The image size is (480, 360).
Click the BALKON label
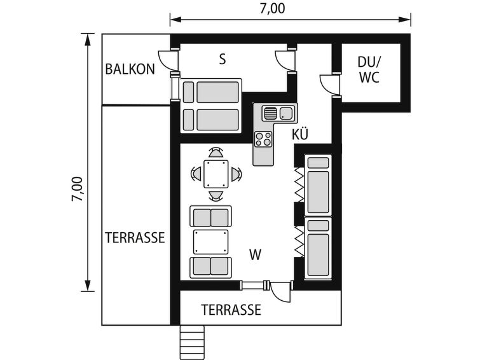(x=130, y=69)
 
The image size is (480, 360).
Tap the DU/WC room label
(x=369, y=70)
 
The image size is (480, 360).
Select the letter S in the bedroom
(x=223, y=59)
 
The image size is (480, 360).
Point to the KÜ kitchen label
(x=300, y=134)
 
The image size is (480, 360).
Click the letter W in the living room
(x=256, y=254)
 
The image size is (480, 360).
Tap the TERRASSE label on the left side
(x=135, y=238)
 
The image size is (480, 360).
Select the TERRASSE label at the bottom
(x=231, y=310)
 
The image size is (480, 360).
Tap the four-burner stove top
(x=264, y=139)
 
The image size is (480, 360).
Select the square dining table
(x=216, y=174)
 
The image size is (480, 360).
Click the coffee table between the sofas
(x=210, y=242)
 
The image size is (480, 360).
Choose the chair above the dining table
(x=216, y=153)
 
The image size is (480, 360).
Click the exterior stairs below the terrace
(x=192, y=342)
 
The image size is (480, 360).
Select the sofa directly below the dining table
(x=210, y=216)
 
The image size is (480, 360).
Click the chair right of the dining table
(x=236, y=174)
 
